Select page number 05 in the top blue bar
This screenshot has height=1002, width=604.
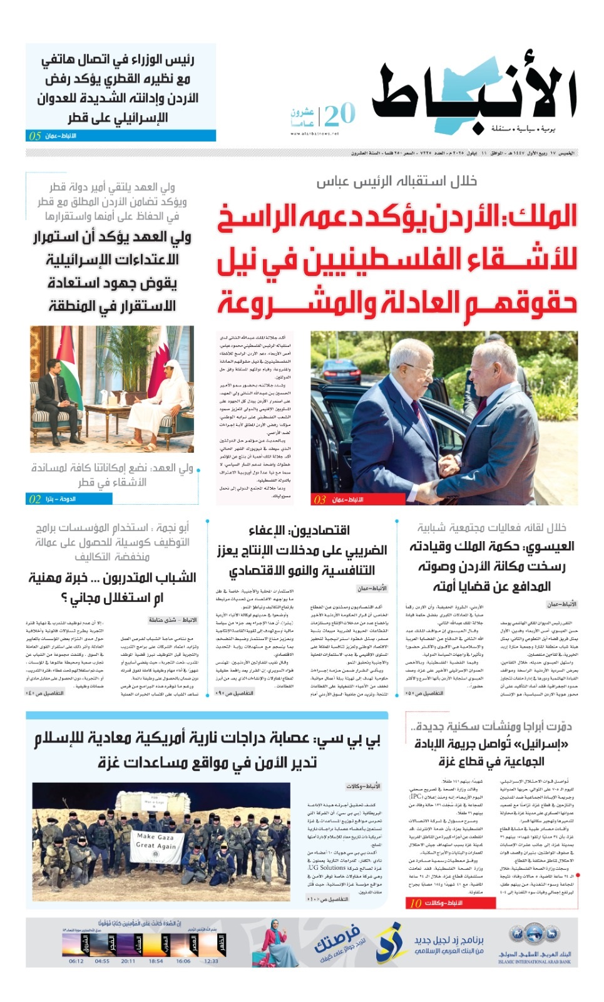coord(35,136)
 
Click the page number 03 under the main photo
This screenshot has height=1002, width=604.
coord(320,500)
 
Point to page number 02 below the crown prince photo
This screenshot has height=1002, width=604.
coord(35,499)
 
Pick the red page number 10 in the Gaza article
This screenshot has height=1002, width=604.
coord(416,903)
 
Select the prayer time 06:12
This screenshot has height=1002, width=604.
coord(76,961)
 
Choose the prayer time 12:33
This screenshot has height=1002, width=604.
coord(211,961)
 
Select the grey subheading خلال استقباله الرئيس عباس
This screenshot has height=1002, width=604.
coord(396,182)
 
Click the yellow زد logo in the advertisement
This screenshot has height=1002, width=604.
coord(388,941)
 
